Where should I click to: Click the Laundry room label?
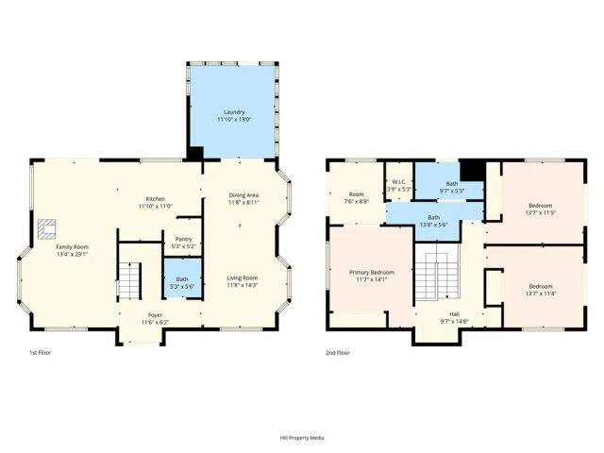click(234, 112)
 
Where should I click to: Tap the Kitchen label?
click(155, 199)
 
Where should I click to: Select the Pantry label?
click(184, 239)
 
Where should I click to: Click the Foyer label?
click(154, 315)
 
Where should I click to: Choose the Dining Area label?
click(243, 195)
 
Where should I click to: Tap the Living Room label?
click(243, 277)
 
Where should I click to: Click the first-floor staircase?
click(130, 279)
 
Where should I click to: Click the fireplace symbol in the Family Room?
click(47, 226)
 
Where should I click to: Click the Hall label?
click(454, 314)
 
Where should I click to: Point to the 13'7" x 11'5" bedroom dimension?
click(541, 212)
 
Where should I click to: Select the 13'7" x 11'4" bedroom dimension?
click(541, 293)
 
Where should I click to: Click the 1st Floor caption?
click(40, 352)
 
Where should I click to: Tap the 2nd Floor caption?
click(337, 352)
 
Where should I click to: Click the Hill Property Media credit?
click(302, 438)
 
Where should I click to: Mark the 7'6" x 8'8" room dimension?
click(356, 201)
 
